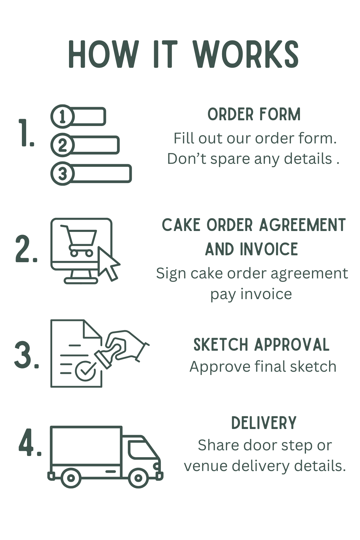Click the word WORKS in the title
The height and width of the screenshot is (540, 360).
pos(246,54)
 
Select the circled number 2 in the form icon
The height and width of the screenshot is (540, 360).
pos(62,145)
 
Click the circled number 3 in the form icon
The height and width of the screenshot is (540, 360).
pos(62,173)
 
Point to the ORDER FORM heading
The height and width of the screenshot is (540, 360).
pos(254,115)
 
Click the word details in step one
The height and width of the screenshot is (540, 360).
pos(308,159)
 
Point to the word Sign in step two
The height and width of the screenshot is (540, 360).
pos(171,274)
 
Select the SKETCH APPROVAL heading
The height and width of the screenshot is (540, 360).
pos(261,345)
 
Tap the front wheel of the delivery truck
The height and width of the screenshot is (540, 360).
pos(138,477)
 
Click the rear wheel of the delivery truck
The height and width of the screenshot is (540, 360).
pos(71,477)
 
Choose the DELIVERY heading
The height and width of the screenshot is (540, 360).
pos(264,423)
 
